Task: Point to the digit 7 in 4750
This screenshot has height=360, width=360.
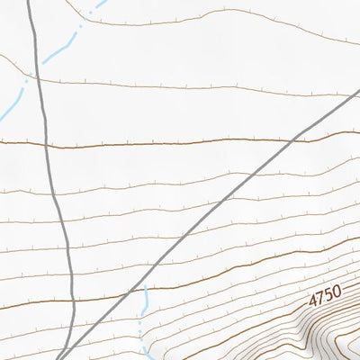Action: coord(319,295)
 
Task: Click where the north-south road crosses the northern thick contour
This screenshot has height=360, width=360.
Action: coord(48,144)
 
